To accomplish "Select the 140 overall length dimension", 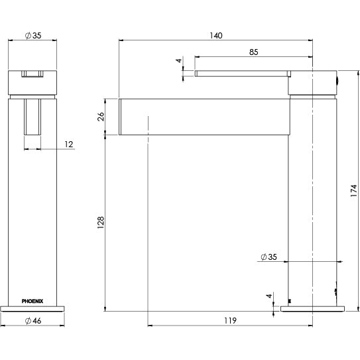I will point(215,34).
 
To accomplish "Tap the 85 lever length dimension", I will point(254,51).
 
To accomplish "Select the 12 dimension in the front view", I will point(69,144).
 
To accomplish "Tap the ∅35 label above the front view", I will point(32,34).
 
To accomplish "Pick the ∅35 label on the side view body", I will point(269,256).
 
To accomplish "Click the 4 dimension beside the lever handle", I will point(178,62).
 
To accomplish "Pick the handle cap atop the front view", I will point(32,81).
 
